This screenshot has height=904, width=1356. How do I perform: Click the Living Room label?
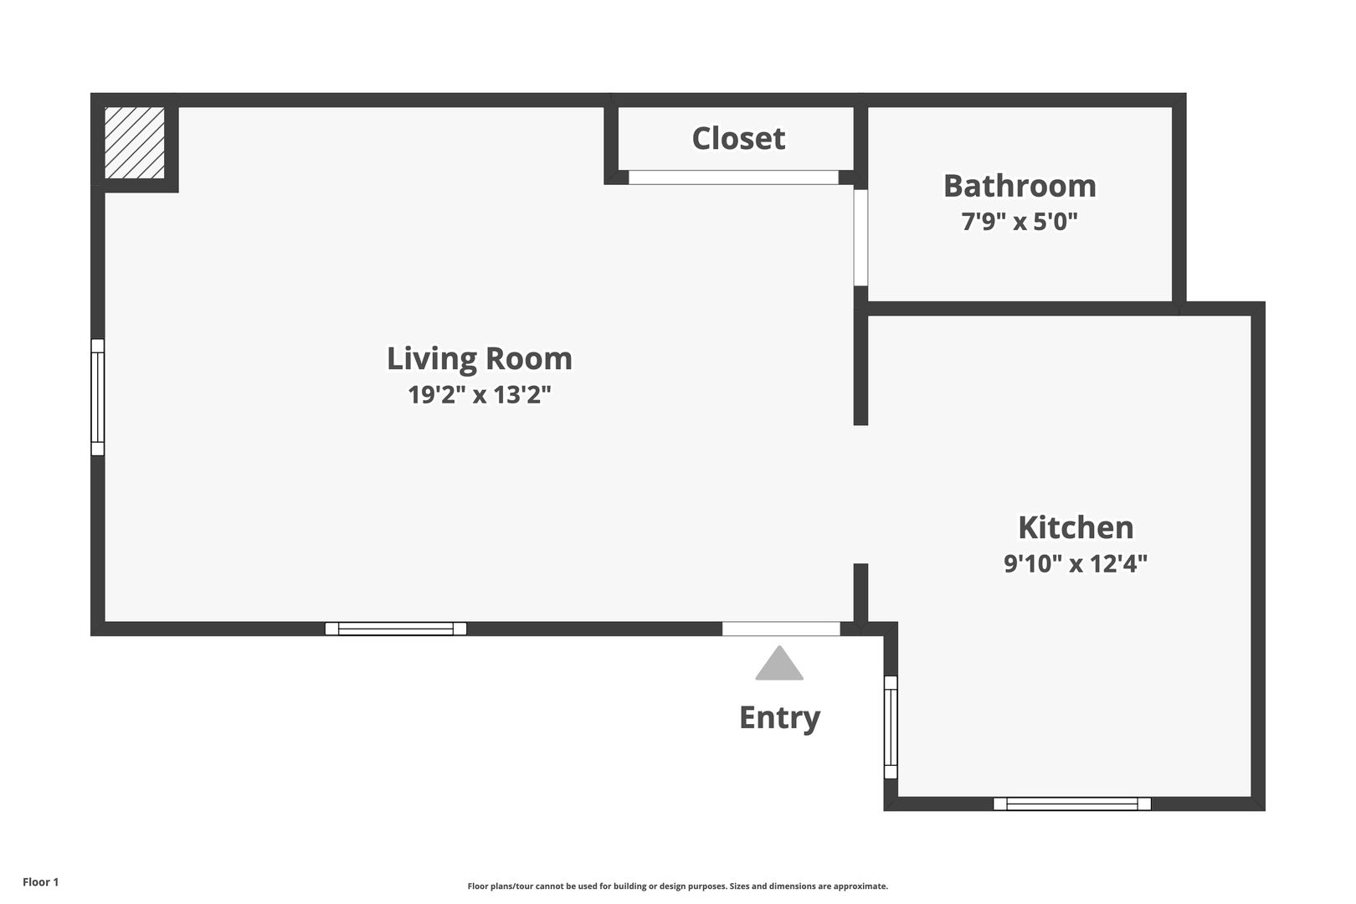[480, 359]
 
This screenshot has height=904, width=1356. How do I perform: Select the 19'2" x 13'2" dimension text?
[480, 395]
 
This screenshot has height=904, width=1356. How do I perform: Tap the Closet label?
[738, 139]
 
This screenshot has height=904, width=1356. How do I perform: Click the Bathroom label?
[1020, 186]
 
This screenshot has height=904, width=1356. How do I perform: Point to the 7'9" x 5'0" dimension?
[1020, 222]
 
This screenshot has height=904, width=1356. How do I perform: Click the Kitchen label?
[1076, 527]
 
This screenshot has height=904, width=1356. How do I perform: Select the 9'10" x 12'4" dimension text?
[1076, 563]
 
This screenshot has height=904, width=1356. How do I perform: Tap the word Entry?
[780, 718]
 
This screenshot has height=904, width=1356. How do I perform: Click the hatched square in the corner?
[135, 143]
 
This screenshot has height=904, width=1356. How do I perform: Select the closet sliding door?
[734, 177]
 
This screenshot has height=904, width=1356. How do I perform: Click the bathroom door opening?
[860, 238]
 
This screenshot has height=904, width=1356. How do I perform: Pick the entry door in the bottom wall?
[781, 629]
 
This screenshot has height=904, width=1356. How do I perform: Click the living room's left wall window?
[97, 398]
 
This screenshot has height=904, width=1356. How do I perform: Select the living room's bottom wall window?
[396, 629]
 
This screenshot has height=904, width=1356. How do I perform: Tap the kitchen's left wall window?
[891, 727]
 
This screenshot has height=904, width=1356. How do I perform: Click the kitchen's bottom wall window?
[1072, 804]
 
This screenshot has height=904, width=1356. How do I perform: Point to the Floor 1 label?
[40, 882]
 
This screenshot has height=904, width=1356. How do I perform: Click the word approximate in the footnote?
[861, 886]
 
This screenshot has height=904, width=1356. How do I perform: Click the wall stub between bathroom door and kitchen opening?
[860, 356]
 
